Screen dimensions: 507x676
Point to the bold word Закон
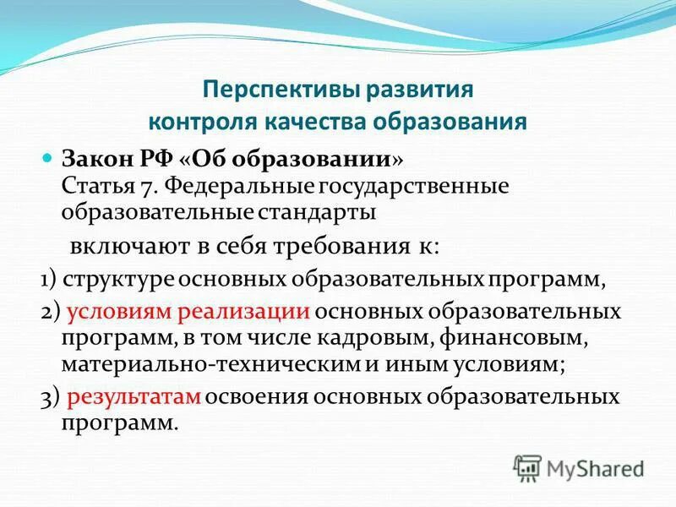tap(96, 159)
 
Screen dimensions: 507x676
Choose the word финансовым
tap(483, 337)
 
